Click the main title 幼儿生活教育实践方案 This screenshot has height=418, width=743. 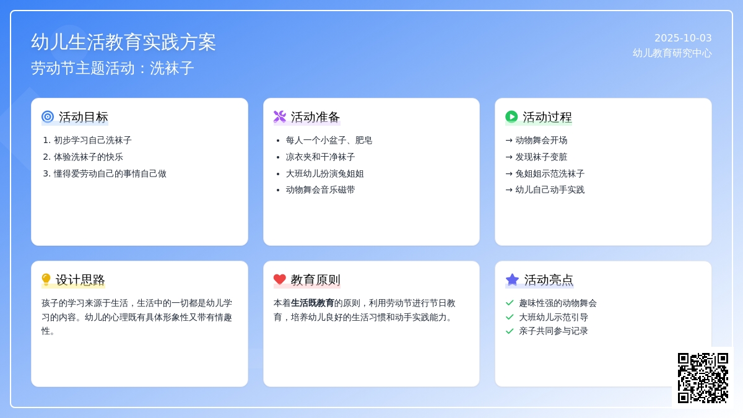(x=123, y=42)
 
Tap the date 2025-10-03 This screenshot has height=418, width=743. (x=683, y=38)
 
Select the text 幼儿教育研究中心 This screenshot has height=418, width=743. (x=672, y=53)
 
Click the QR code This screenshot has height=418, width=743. (x=703, y=378)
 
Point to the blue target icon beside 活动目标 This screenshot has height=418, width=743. (x=48, y=117)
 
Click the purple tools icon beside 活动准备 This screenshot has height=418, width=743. (x=280, y=117)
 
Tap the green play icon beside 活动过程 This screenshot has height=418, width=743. (x=511, y=117)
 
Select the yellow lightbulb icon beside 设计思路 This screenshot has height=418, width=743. (x=46, y=279)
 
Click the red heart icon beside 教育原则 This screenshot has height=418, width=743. (x=280, y=279)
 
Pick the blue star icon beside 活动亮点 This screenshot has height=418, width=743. (x=512, y=279)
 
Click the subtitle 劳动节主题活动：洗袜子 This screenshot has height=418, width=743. (x=113, y=68)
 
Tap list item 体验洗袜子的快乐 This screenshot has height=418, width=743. (x=88, y=157)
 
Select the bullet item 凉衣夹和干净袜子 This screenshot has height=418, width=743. (x=320, y=157)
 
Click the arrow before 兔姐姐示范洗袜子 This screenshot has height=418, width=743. (x=509, y=173)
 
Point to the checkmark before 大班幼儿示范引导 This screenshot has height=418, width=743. (x=510, y=317)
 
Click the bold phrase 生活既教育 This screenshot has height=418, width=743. (x=312, y=303)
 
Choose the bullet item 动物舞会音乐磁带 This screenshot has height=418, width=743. (x=320, y=189)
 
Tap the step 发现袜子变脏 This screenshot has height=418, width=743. (x=541, y=157)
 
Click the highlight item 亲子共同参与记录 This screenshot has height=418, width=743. (x=554, y=331)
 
